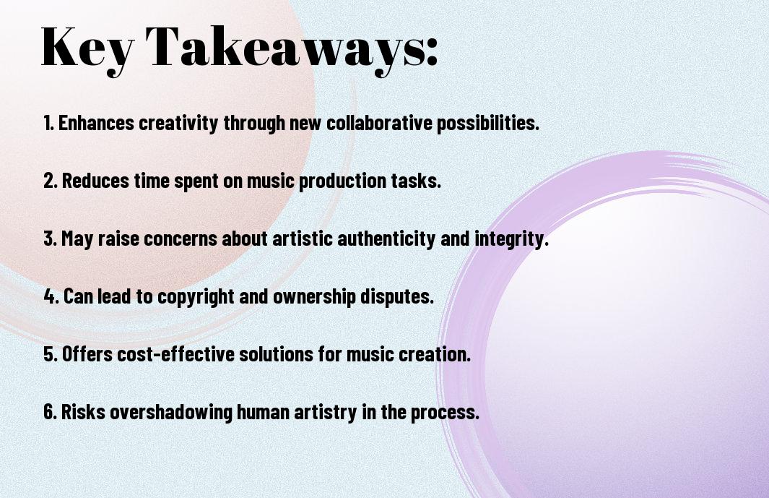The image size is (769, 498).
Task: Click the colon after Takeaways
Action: [x=432, y=51]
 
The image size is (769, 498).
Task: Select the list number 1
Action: [x=48, y=123]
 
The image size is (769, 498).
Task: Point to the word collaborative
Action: [x=378, y=123]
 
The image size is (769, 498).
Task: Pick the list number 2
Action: [x=50, y=181]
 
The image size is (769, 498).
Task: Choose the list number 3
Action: [x=50, y=239]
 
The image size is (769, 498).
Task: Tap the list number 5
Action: [x=50, y=354]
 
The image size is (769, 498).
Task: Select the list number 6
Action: [x=50, y=412]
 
